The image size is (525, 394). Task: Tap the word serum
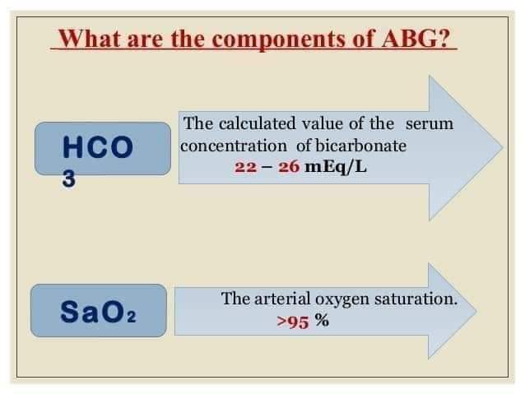click(429, 123)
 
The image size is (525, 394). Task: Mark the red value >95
click(292, 322)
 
